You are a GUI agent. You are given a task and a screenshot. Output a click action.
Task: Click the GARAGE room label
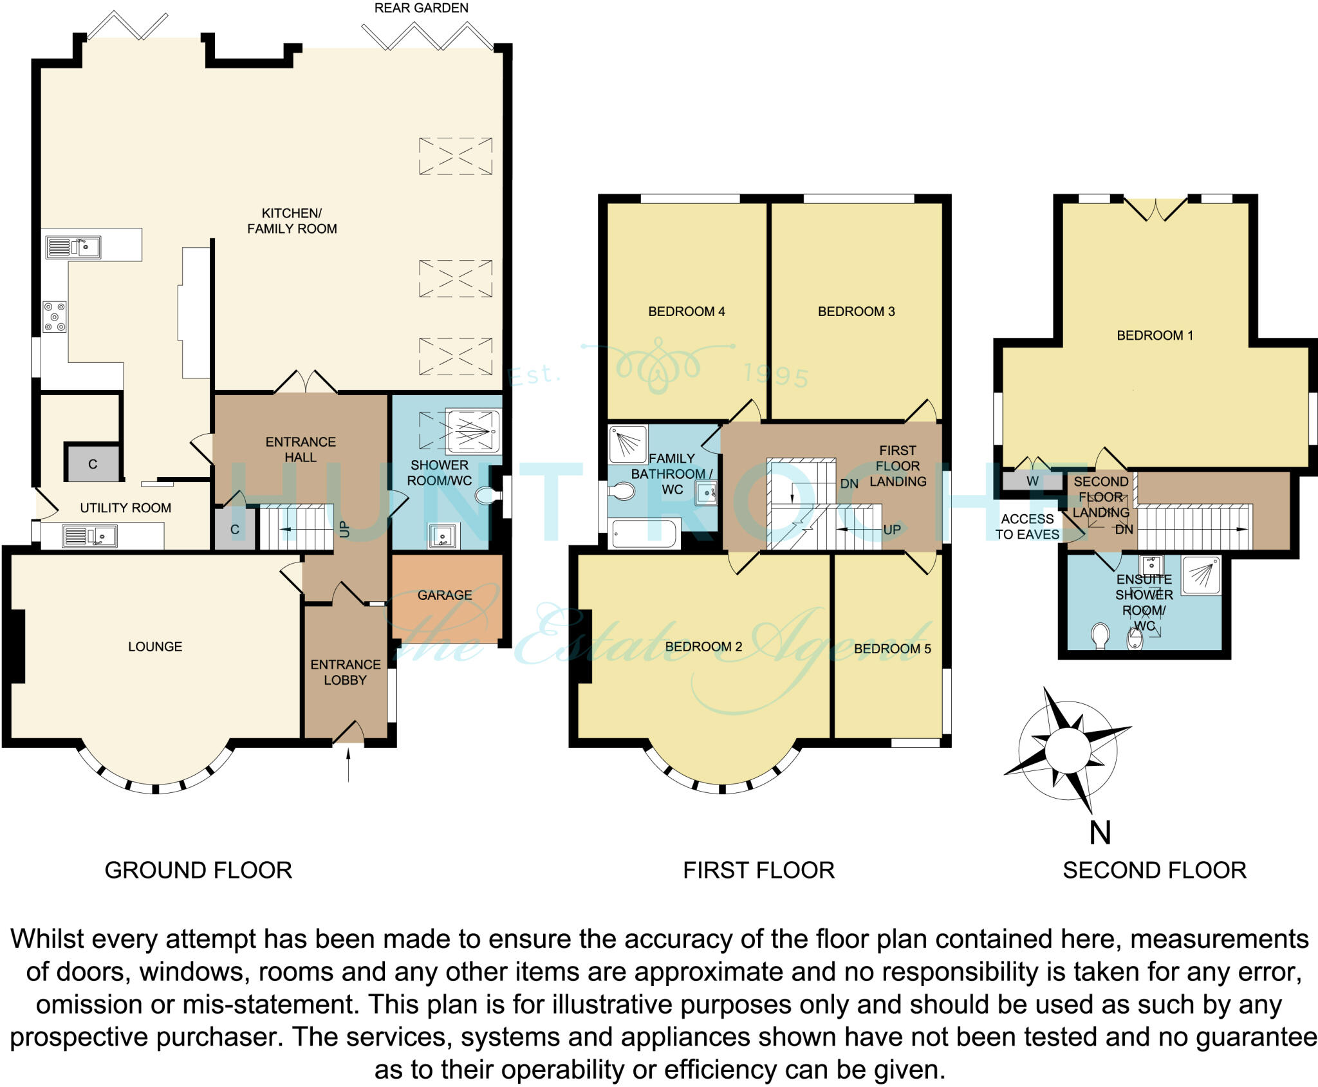coord(445,595)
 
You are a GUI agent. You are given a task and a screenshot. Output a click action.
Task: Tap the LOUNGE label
coord(155,647)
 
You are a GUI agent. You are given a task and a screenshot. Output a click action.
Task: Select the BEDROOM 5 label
coord(893,649)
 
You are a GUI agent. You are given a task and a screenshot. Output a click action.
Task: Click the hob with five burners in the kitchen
coord(55,317)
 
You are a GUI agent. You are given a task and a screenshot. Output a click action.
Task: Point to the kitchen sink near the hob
coord(73,247)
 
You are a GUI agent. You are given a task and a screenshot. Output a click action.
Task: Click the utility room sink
coord(89,536)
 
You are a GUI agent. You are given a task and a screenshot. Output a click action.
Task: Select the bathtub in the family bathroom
coord(644,534)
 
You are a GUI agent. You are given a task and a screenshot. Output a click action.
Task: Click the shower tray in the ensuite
coord(1201,575)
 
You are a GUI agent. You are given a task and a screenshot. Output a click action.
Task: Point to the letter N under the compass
coord(1100,832)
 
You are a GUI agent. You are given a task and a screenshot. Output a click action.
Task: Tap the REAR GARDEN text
coord(422,8)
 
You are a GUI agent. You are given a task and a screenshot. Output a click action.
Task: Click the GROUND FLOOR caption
coord(198,871)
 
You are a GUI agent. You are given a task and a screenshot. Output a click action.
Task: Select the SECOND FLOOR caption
coord(1155,871)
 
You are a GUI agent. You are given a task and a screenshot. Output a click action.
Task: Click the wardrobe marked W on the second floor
coord(1032,481)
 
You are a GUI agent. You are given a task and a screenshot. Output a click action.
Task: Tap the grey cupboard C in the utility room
coord(92,463)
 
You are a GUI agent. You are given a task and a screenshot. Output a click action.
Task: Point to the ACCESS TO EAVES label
coord(1027,526)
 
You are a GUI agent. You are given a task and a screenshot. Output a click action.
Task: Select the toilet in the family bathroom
coord(622,491)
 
